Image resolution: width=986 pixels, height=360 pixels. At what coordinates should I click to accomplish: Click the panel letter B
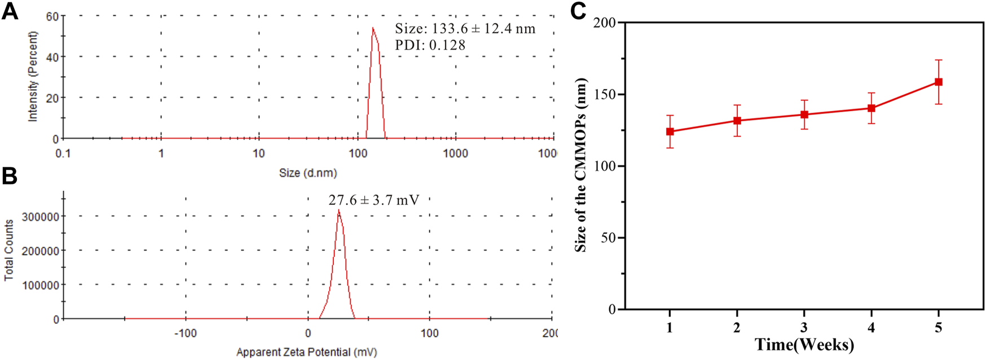pyautogui.click(x=10, y=176)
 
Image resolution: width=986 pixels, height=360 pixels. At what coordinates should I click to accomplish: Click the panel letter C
pyautogui.click(x=579, y=11)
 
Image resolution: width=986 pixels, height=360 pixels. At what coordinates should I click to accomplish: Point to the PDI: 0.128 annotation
pyautogui.click(x=430, y=45)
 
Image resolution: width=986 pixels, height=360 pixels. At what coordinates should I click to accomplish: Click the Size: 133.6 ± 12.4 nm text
pyautogui.click(x=465, y=29)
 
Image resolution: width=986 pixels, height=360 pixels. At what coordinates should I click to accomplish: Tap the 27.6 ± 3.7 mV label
pyautogui.click(x=374, y=200)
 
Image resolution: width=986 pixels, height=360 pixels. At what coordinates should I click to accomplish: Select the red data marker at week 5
pyautogui.click(x=939, y=82)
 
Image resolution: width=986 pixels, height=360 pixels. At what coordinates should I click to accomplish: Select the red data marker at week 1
pyautogui.click(x=670, y=131)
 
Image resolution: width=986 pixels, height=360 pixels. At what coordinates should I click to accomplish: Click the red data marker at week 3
pyautogui.click(x=804, y=115)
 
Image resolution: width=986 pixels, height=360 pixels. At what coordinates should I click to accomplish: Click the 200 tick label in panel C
pyautogui.click(x=606, y=23)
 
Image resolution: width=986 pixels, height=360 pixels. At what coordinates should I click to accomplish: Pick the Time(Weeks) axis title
pyautogui.click(x=804, y=344)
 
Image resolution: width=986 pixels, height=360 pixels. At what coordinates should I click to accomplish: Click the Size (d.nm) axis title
pyautogui.click(x=307, y=173)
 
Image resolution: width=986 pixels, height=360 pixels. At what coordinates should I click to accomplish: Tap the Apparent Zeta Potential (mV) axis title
pyautogui.click(x=306, y=352)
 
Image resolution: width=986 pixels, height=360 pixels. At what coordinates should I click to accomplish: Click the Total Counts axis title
pyautogui.click(x=9, y=250)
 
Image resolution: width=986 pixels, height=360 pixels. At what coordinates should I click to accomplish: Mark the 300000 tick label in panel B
pyautogui.click(x=40, y=217)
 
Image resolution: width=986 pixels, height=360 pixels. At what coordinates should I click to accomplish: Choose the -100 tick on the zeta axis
pyautogui.click(x=185, y=333)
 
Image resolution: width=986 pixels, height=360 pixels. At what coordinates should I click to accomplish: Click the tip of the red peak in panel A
pyautogui.click(x=372, y=28)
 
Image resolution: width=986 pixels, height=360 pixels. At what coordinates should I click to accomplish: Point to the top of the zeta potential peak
pyautogui.click(x=338, y=210)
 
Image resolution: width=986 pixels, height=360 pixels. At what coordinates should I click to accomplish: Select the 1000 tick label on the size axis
pyautogui.click(x=455, y=153)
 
